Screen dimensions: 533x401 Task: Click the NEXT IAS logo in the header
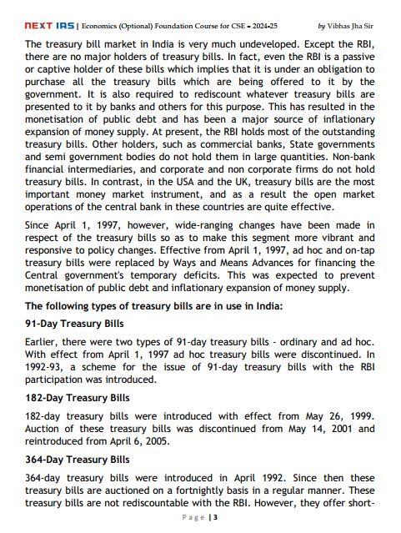[48, 25]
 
